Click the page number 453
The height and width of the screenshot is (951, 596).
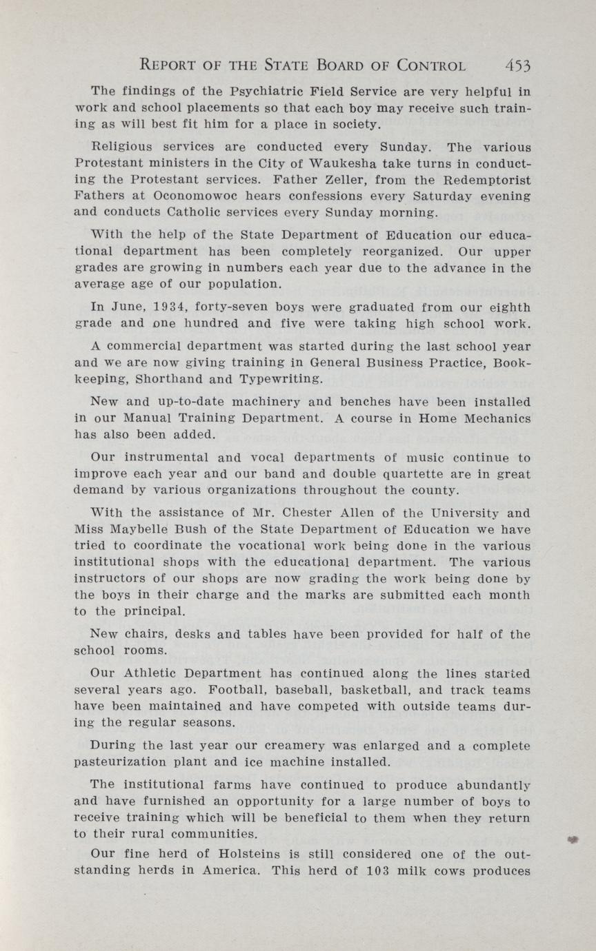tap(517, 65)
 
